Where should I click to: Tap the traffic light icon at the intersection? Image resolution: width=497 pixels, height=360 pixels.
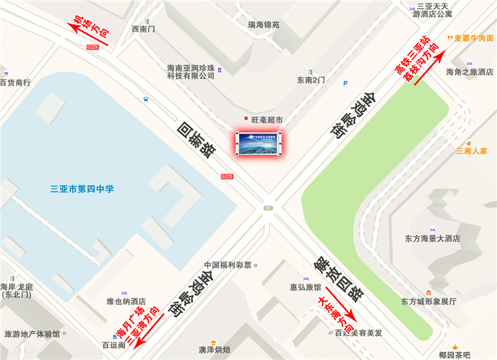click(x=268, y=208)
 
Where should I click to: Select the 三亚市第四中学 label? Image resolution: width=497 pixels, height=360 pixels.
click(x=82, y=189)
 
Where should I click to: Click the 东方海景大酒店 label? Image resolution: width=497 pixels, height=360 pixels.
click(x=432, y=238)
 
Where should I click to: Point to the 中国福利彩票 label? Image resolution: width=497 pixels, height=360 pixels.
click(x=228, y=265)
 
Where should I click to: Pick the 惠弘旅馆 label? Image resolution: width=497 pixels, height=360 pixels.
click(x=305, y=288)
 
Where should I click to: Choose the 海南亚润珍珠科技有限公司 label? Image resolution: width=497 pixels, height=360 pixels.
click(x=191, y=72)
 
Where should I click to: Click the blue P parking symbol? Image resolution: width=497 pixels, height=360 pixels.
click(x=345, y=83)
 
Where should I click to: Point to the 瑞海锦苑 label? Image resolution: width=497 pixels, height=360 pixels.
click(x=264, y=25)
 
